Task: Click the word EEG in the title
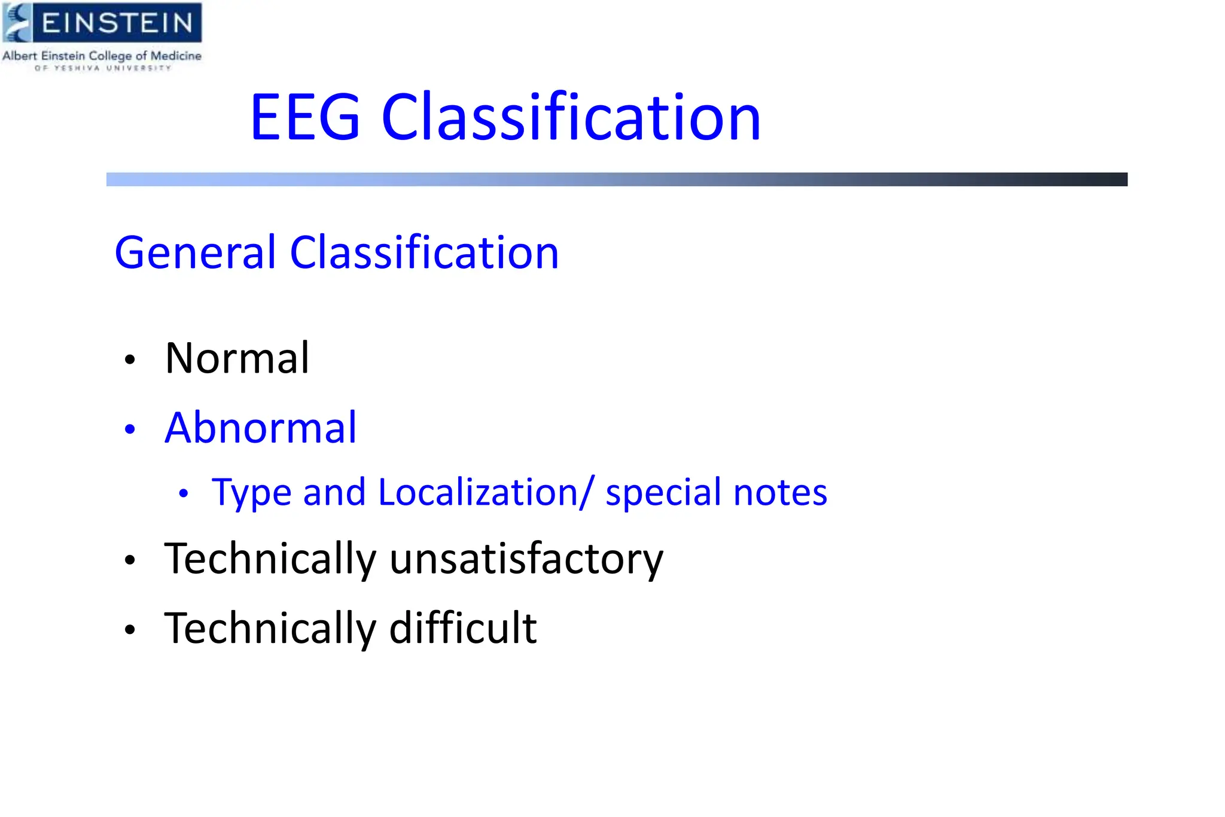[x=305, y=118]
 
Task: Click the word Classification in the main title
[x=571, y=118]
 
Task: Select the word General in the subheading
[x=195, y=253]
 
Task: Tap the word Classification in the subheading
[x=424, y=253]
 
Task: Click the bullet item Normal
[x=237, y=359]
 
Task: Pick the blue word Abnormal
[x=260, y=428]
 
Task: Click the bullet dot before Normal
[x=130, y=360]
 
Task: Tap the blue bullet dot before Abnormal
[x=130, y=429]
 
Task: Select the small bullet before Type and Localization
[x=184, y=494]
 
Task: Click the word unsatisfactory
[x=526, y=560]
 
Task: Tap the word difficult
[x=463, y=628]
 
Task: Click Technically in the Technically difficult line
[x=270, y=629]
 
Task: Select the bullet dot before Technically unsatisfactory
[x=130, y=560]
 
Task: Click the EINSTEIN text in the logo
[x=117, y=23]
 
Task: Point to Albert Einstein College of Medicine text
[x=102, y=56]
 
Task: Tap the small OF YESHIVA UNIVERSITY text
[x=103, y=68]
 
